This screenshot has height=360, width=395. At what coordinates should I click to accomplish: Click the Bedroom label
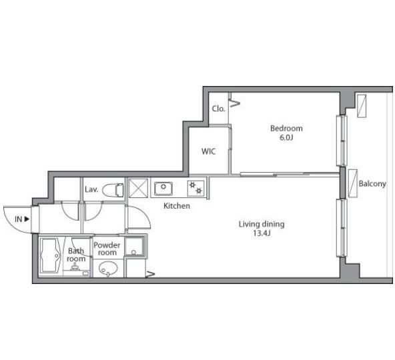click(286, 129)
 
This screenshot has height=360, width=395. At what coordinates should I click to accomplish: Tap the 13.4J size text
click(262, 233)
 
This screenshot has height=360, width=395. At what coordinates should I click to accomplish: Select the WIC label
click(209, 151)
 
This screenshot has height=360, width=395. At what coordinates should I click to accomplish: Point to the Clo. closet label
click(218, 109)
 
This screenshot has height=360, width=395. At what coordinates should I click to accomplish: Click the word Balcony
click(372, 184)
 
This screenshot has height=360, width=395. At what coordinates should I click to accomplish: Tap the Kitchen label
click(177, 206)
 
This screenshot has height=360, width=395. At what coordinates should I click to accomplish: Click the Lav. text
click(91, 189)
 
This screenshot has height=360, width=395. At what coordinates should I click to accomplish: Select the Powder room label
click(107, 249)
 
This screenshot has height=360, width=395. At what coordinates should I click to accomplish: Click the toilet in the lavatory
click(113, 189)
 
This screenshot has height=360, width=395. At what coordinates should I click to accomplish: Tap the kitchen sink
click(163, 189)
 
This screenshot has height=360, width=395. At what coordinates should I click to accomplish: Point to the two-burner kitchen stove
click(196, 188)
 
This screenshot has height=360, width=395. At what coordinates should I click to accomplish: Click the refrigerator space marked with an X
click(138, 188)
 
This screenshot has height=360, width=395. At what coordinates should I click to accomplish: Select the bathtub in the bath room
click(51, 255)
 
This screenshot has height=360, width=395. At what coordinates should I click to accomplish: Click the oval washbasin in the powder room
click(108, 269)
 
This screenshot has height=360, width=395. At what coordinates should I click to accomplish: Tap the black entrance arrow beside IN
click(27, 219)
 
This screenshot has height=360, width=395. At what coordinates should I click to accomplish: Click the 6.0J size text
click(286, 138)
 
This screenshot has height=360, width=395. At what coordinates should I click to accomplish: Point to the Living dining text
click(262, 224)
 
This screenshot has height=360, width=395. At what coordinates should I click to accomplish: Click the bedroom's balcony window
click(342, 141)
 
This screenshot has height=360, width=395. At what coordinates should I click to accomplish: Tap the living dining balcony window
click(342, 228)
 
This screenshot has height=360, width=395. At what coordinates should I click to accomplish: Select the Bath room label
click(76, 255)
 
